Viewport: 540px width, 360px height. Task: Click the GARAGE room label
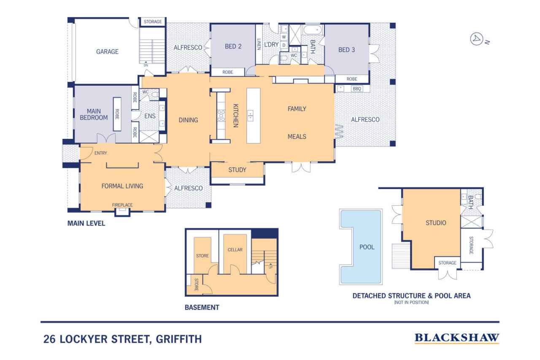[x=107, y=52]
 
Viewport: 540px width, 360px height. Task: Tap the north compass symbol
[x=476, y=39]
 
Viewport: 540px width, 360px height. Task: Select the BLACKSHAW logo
[x=456, y=338]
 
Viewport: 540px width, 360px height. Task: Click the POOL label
[x=367, y=247]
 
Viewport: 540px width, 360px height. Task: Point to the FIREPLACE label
[x=122, y=205]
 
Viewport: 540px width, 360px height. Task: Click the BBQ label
[x=357, y=89]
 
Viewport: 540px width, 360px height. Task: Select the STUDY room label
[x=237, y=170]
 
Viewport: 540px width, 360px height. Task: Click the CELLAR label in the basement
[x=235, y=250]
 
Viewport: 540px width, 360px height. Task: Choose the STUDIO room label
[x=436, y=223]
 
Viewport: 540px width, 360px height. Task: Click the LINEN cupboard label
[x=259, y=44]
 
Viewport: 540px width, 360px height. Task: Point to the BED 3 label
[x=347, y=50]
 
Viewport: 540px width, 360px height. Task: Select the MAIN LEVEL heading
[x=86, y=224]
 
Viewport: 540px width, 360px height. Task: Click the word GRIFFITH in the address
[x=178, y=339]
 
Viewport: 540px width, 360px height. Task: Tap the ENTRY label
[x=100, y=153]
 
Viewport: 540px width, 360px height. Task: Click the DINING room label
[x=188, y=120]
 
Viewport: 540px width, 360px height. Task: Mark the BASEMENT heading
[x=202, y=308]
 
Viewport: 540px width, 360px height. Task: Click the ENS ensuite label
[x=150, y=115]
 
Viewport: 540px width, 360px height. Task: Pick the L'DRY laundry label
[x=271, y=44]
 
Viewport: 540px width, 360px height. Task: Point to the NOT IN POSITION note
[x=411, y=303]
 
